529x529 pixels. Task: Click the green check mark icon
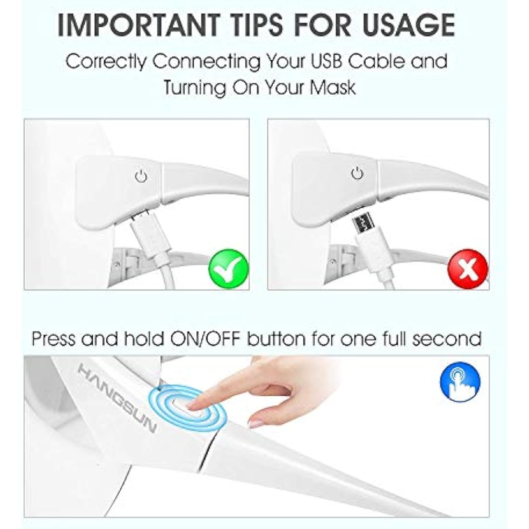229,269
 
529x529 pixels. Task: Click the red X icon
467,269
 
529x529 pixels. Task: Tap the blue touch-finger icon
460,381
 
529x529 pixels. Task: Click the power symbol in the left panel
141,176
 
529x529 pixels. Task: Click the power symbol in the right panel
358,174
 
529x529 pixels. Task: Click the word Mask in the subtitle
333,88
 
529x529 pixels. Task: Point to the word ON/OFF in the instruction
205,339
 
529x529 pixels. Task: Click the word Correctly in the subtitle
106,62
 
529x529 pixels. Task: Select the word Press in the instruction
53,339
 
